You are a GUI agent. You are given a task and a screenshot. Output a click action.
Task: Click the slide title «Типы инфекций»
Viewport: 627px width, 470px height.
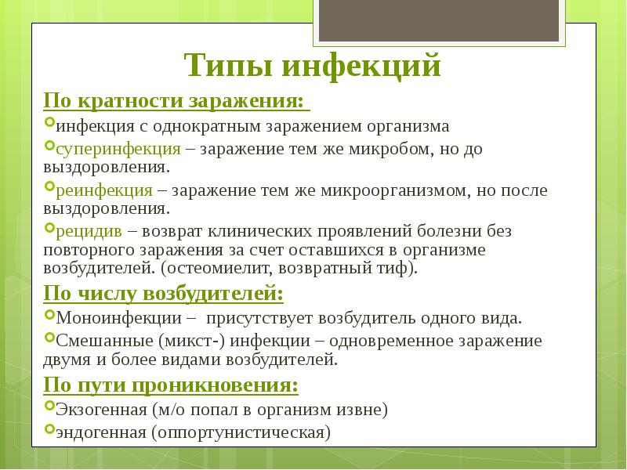[x=313, y=65]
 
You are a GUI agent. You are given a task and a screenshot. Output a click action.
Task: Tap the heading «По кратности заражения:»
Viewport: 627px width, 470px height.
[x=172, y=103]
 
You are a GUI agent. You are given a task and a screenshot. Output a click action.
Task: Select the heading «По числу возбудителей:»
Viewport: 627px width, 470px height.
[x=163, y=295]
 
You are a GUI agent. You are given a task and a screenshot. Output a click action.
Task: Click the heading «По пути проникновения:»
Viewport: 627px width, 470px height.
[x=170, y=386]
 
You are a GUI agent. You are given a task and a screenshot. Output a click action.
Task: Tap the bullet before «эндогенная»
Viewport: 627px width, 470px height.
[x=49, y=429]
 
